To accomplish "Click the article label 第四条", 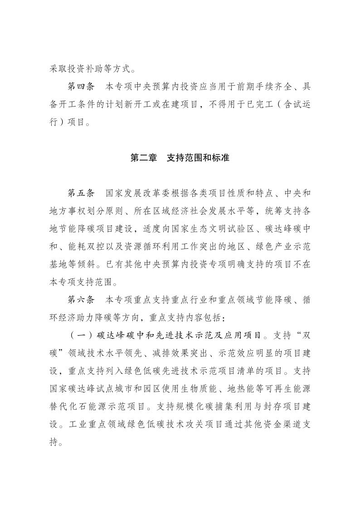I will pos(81,86).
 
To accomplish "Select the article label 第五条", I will pos(81,192).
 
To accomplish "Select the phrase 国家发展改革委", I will pos(135,192).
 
